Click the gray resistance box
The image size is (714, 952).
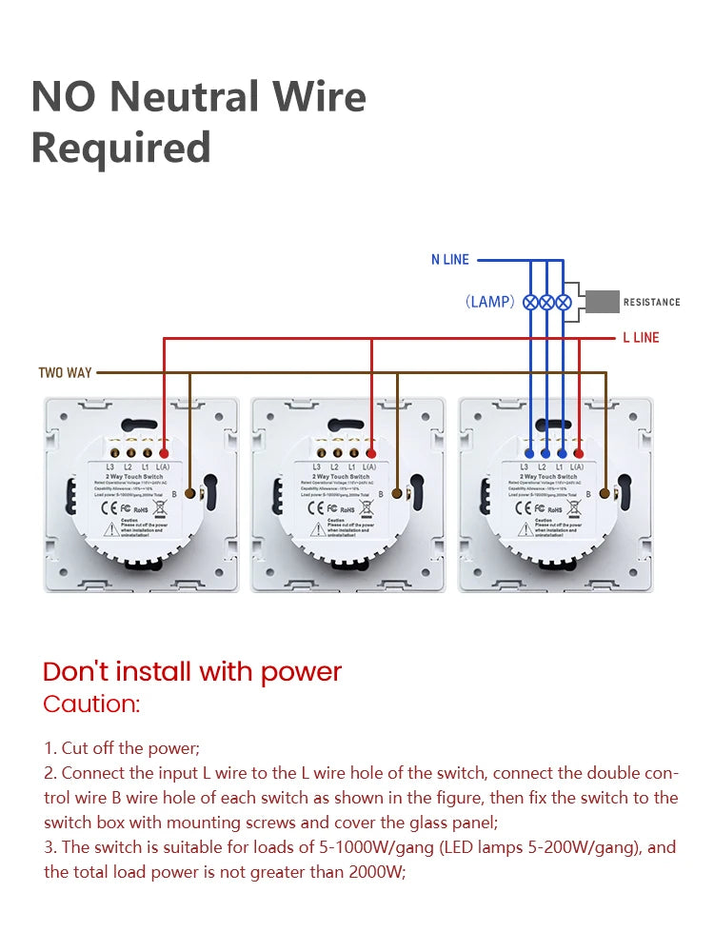pos(602,302)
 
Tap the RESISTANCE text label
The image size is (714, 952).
pos(652,303)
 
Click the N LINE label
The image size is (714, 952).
pos(450,260)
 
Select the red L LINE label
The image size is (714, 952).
pos(641,338)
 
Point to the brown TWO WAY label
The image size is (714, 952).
pos(65,372)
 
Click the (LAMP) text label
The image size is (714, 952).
pos(490,302)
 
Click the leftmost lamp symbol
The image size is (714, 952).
pos(530,302)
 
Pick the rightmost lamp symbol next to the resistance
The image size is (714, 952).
pos(563,302)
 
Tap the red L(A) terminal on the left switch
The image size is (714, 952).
pos(164,454)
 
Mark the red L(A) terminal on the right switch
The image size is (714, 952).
pos(578,454)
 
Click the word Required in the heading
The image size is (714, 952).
pos(121,148)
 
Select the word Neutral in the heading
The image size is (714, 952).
pos(185,97)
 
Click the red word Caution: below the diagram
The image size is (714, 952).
pos(91,704)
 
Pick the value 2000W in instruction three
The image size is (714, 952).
pos(376,871)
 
